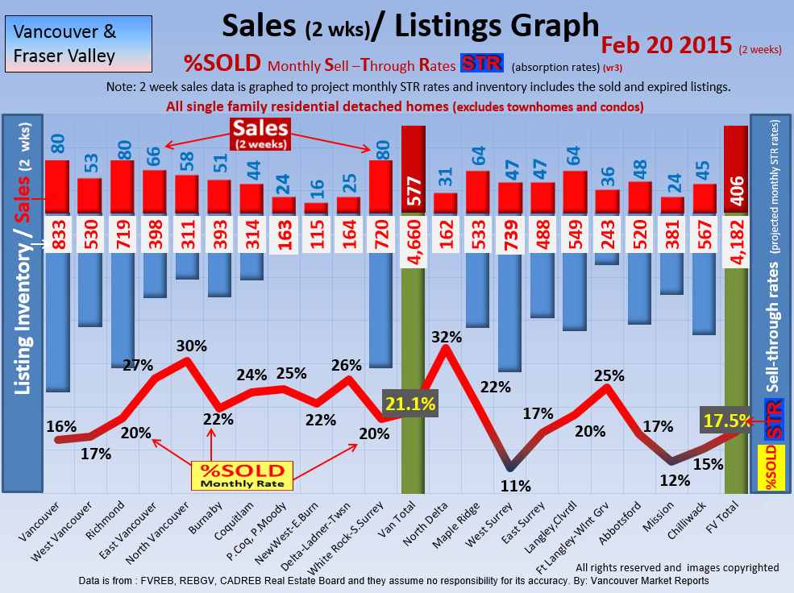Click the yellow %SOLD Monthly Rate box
tap(243, 475)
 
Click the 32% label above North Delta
tap(446, 337)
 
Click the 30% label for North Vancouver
tap(192, 346)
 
